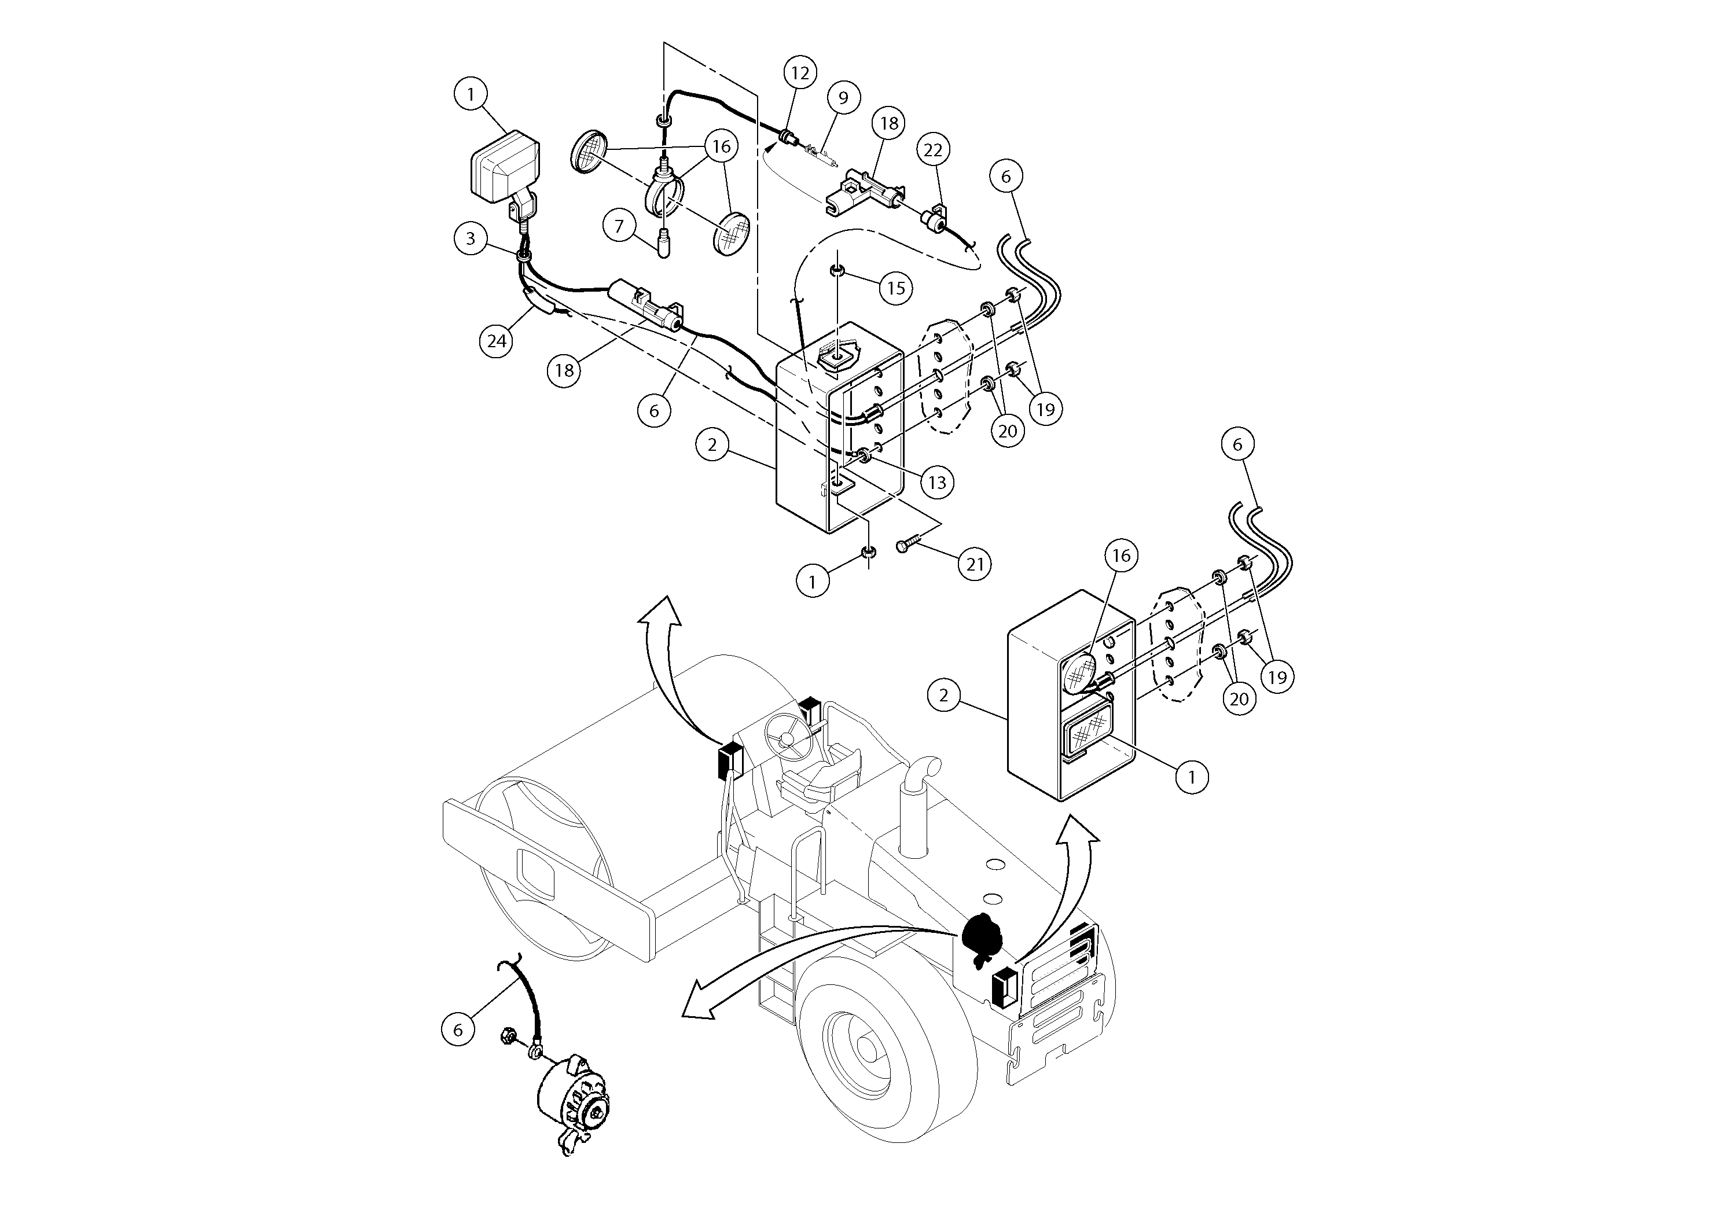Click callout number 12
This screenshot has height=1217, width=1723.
[800, 73]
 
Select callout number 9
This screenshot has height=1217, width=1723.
[843, 98]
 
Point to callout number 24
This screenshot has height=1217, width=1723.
[497, 341]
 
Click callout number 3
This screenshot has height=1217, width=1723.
[471, 238]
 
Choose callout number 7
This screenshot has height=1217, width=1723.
[619, 226]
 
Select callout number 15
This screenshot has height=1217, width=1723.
[896, 288]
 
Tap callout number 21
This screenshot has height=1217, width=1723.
[974, 564]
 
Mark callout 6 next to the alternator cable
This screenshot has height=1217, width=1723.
[458, 1030]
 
